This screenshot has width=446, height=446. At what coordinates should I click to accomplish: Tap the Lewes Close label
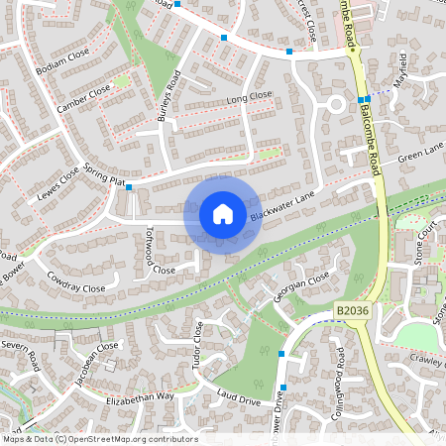coord(56,180)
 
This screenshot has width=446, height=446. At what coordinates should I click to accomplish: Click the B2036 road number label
coord(352,310)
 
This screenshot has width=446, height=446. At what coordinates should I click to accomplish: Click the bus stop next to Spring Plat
coord(128,185)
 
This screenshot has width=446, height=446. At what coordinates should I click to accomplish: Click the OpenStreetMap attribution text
coord(99,438)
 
